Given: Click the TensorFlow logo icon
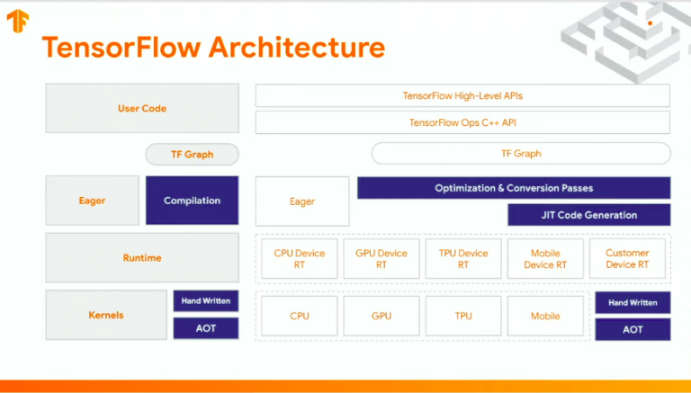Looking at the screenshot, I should point(16,20).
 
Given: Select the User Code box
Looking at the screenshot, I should point(142,108).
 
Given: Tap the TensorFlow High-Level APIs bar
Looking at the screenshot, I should point(462,95).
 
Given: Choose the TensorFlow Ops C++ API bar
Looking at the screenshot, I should point(462,122).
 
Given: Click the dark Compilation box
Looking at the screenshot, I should point(192,201).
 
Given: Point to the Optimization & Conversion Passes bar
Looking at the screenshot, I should point(514,188).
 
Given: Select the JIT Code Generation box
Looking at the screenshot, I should point(588,215).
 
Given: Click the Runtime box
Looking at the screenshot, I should point(142,258).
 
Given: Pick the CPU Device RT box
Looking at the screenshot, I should point(300,259).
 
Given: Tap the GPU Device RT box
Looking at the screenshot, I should point(381,259).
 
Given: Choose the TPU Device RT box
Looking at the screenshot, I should point(463,259).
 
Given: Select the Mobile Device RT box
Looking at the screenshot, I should point(545,259).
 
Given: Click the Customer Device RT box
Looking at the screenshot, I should point(627,259).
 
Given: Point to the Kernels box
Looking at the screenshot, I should point(106,316).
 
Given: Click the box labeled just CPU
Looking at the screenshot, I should point(300,316).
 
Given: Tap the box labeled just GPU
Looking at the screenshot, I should point(381,316).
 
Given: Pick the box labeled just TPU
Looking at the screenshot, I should point(463,316).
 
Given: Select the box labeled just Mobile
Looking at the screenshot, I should point(545,316).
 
